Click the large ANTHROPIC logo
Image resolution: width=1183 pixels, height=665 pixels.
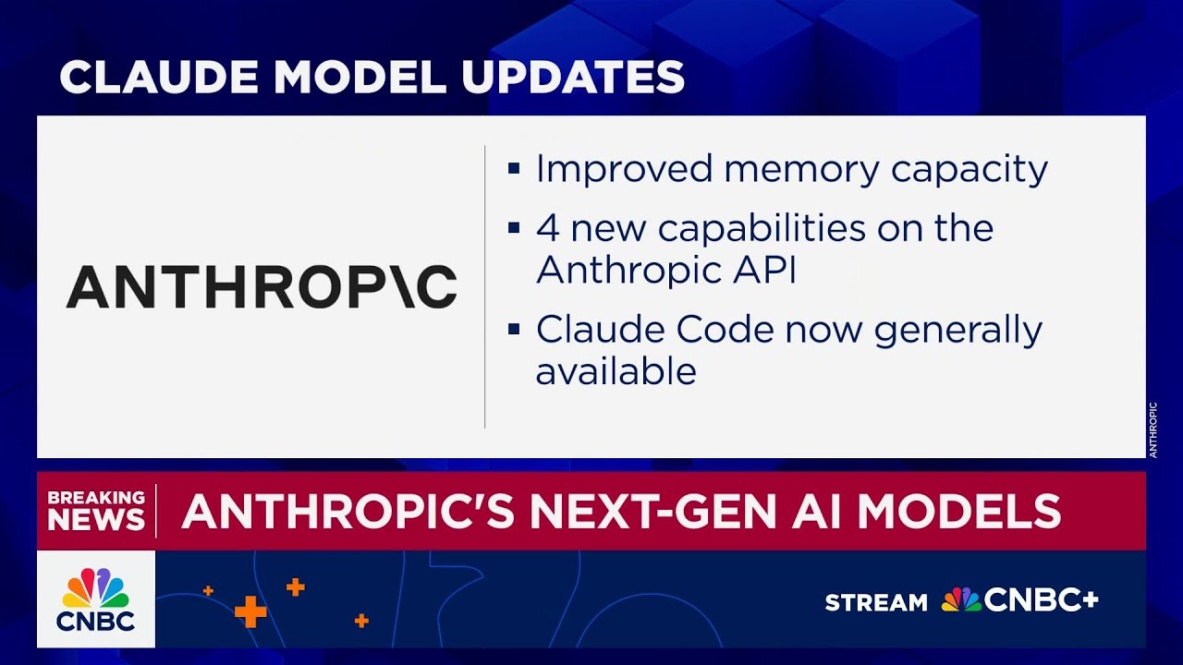[262, 286]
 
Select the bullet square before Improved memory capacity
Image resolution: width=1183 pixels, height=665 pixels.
[514, 170]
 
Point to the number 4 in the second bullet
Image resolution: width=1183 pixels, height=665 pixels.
[547, 228]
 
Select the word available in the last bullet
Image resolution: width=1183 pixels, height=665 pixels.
[616, 371]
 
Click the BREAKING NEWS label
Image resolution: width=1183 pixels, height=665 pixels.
[96, 510]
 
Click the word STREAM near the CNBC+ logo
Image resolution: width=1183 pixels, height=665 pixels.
[876, 603]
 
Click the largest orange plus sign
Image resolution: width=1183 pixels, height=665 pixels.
[250, 611]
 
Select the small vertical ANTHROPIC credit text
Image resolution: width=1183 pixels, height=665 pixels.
[1153, 429]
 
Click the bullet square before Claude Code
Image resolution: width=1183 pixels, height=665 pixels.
[514, 330]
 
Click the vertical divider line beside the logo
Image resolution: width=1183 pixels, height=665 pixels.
[485, 286]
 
